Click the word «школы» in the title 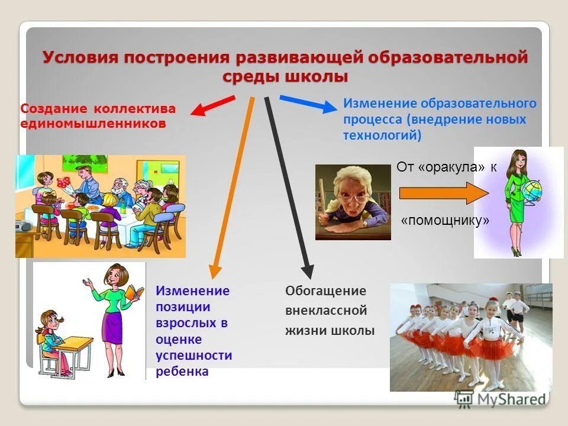317,78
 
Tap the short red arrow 212,106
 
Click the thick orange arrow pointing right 441,193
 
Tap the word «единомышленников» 93,124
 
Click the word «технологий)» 382,135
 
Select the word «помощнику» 446,221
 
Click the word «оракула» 452,167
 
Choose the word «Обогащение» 325,291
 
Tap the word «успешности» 193,356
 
